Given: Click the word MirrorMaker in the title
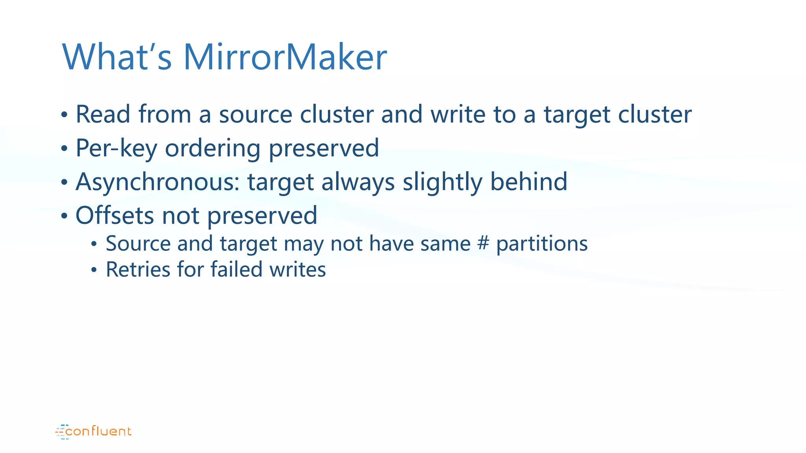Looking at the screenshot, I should pyautogui.click(x=285, y=57).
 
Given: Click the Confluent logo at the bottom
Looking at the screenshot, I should pyautogui.click(x=94, y=431).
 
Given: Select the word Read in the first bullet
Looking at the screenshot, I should pyautogui.click(x=103, y=114).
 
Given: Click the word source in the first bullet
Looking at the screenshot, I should pyautogui.click(x=255, y=114).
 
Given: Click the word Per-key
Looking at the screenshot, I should pyautogui.click(x=116, y=148).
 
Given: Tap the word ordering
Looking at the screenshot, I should pyautogui.click(x=213, y=148).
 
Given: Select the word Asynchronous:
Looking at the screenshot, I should pyautogui.click(x=157, y=182).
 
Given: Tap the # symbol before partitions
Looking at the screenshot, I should pyautogui.click(x=483, y=243).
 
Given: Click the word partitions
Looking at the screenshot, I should pyautogui.click(x=542, y=244).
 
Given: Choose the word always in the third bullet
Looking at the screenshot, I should pyautogui.click(x=358, y=182).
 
